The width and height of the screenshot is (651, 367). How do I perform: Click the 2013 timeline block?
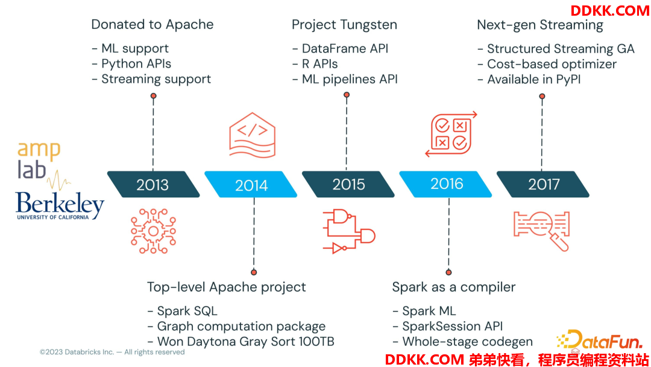153,184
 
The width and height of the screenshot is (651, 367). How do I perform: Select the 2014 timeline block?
251,184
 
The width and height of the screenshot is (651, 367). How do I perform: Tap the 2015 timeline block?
348,184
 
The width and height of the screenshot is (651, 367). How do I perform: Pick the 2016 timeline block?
446,184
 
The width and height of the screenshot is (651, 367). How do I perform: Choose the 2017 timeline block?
543,184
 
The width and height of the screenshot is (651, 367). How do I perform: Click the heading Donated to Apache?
153,25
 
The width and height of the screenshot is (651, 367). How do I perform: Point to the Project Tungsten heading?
344,25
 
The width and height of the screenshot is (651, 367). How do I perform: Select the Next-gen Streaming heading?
539,25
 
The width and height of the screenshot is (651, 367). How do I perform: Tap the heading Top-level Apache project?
226,287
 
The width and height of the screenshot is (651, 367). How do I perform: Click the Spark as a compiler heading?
454,287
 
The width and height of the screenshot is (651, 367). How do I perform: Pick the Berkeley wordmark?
59,205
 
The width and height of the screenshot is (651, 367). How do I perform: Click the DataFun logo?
599,340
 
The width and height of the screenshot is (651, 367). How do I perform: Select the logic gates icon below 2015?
349,232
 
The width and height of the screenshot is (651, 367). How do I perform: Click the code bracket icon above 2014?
253,135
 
